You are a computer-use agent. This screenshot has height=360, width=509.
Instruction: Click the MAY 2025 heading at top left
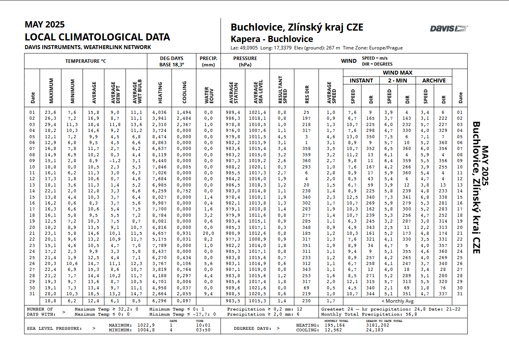tap(45, 25)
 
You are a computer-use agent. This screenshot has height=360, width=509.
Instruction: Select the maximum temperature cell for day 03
tap(50, 124)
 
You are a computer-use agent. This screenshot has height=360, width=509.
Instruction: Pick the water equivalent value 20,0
tap(208, 233)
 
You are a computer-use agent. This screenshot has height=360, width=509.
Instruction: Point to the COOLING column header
tap(184, 90)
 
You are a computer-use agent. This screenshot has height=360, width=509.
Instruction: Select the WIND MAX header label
tap(397, 73)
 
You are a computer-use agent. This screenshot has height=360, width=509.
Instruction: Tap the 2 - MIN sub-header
tap(398, 80)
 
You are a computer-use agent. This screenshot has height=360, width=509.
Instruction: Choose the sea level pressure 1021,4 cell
tap(257, 112)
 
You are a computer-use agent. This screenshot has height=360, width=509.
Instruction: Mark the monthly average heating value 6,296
tap(160, 301)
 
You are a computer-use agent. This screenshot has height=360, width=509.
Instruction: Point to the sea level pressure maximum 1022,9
tap(146, 325)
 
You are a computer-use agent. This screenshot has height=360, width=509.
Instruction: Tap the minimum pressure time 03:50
tap(203, 330)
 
